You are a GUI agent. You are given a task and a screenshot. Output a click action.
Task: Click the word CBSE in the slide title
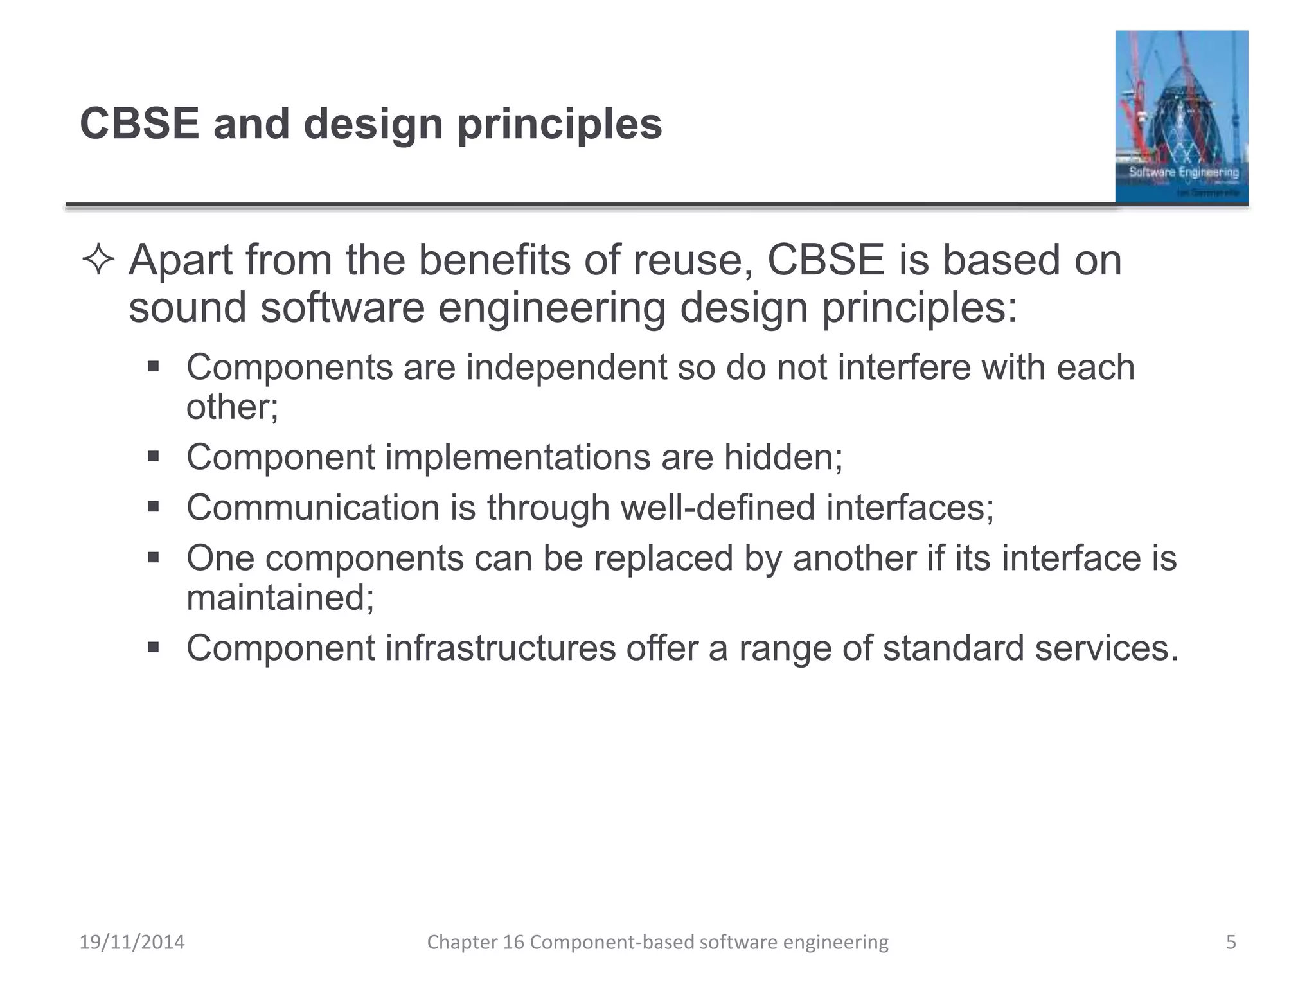(x=139, y=123)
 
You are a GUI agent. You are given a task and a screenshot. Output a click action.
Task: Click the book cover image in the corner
(x=1181, y=117)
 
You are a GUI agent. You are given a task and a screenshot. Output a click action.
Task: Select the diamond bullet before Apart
(x=98, y=261)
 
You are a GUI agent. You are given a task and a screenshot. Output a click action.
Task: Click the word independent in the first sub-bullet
(x=566, y=368)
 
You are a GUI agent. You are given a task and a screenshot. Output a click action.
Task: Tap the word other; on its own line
(x=232, y=407)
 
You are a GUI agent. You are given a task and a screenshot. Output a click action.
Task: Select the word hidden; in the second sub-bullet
(x=783, y=457)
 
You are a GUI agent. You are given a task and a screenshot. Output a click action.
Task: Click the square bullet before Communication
(x=153, y=507)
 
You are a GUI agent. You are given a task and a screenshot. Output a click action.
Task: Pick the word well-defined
(x=718, y=508)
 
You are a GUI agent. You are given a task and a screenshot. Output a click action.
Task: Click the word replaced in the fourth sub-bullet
(x=663, y=558)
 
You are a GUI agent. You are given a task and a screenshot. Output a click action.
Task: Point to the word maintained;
(x=280, y=598)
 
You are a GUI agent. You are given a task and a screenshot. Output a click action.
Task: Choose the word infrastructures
(x=501, y=648)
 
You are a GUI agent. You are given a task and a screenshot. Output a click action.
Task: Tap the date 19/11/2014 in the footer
(x=132, y=942)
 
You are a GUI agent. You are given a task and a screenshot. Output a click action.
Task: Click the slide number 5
(x=1231, y=942)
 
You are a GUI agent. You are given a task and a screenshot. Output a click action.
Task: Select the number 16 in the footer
(x=513, y=942)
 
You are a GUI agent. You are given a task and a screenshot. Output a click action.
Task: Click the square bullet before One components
(x=153, y=557)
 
